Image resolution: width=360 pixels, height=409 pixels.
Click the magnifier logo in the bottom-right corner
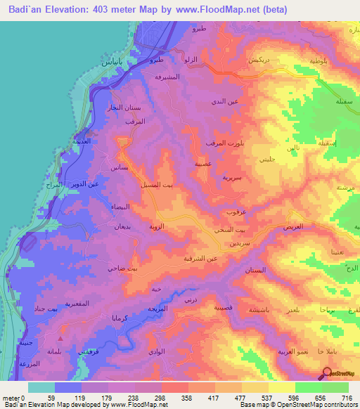click(327, 374)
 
